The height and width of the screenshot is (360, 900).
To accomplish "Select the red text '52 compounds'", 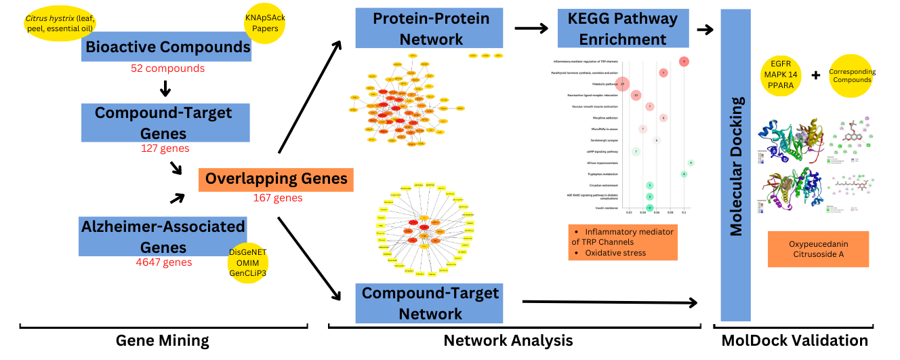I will coord(167,68).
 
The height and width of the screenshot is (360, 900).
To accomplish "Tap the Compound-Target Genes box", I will coord(163,123).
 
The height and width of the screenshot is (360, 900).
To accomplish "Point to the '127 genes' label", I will coord(165,148).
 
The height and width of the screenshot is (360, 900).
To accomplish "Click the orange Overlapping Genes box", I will coord(276,179).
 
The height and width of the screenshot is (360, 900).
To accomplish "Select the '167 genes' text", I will coord(277,198).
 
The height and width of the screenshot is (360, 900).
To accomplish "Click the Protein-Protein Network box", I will coord(430,28).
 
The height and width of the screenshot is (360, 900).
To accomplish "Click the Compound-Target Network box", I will coord(430,303).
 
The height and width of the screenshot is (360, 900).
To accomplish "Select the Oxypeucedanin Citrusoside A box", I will coord(818,249).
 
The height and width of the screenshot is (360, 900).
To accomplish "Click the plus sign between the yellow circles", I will coord(816,75).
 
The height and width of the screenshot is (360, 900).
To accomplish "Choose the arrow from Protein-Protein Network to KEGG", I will coord(531,28).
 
